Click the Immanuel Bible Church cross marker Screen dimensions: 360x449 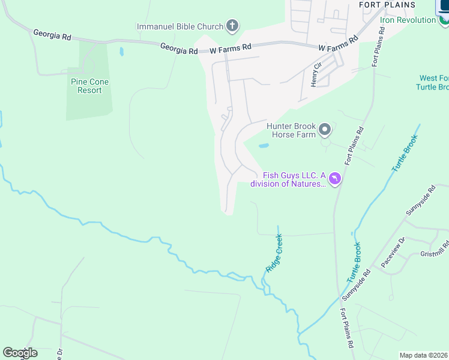coord(232,26)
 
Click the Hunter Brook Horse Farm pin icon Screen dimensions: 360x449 coord(325,130)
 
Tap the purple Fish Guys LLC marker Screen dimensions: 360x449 coord(334,179)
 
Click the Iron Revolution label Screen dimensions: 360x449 coord(408,20)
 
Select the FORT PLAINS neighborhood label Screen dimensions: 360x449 coord(387,5)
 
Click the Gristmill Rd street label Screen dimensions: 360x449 coord(435,252)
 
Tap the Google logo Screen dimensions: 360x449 coord(20,353)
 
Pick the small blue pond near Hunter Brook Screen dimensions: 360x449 coord(264,145)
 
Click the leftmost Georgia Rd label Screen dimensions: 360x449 coord(52,35)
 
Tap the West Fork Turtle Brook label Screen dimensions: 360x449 coord(433,83)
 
